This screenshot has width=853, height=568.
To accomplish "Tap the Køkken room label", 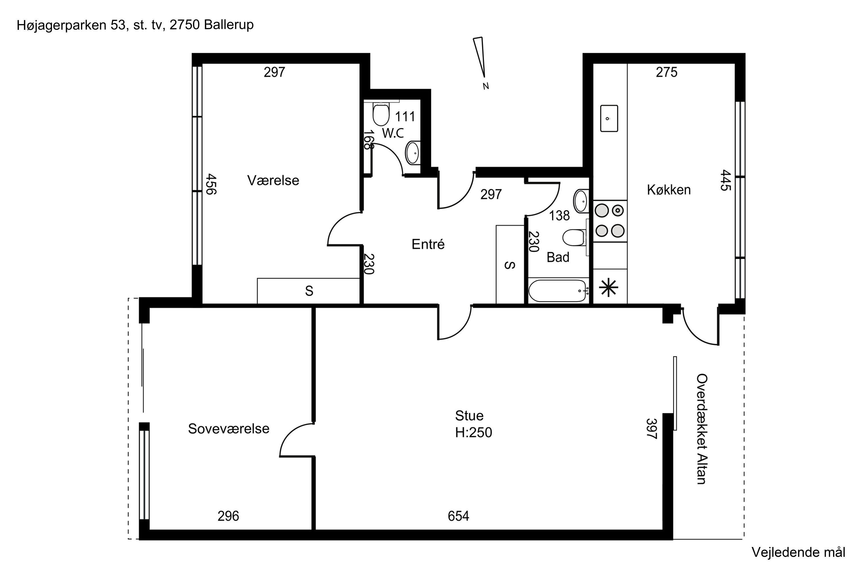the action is coord(669,190).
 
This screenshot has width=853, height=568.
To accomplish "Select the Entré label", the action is coord(428,244).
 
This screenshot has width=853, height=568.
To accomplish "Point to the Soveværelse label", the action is coord(229,429).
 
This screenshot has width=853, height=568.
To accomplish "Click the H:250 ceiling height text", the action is coord(474,433).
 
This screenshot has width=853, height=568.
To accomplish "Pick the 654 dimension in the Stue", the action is coord(458,516).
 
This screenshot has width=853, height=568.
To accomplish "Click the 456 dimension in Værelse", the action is coord(211,184).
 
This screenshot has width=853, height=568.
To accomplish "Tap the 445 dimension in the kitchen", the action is coord(725,180).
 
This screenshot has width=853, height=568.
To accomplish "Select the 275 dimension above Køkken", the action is coord(666,72).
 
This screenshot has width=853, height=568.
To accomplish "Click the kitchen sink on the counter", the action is coord(609,118).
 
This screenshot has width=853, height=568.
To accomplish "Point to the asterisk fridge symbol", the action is coord(608,288).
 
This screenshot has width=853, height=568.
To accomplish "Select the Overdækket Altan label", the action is coord(702,429).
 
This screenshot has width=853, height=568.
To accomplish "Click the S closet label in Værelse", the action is coord(309,291).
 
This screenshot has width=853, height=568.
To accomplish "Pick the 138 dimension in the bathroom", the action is coord(559,216).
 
